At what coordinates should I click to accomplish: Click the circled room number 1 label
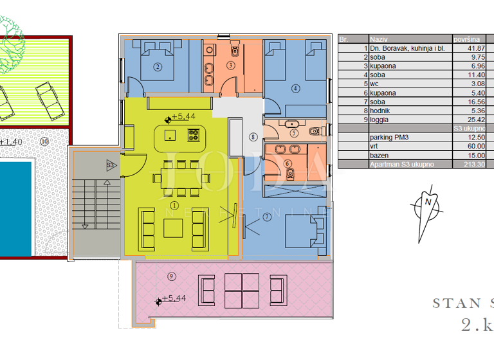pos(174,205)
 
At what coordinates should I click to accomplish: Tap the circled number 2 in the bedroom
pos(156,66)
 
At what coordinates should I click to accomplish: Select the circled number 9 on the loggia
pos(171,276)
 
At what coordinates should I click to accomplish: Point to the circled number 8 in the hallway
pos(253,136)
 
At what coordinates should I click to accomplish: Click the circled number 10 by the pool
pos(44,141)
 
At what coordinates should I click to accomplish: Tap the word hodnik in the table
pos(380,111)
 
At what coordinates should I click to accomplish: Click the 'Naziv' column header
pos(378,39)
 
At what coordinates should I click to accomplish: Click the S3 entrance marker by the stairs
pos(110,166)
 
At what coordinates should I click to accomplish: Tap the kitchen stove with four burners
pos(193,135)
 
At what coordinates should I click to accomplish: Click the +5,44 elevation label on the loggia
pos(174,298)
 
